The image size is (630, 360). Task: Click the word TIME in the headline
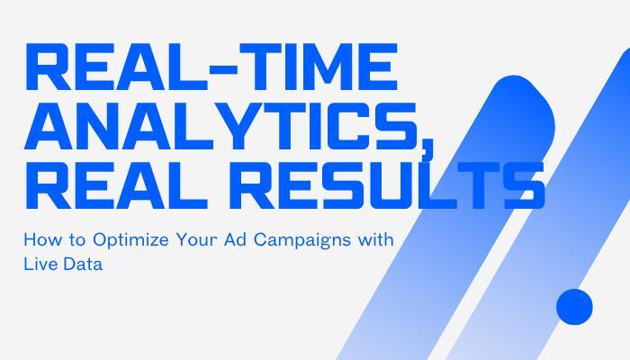point(317,67)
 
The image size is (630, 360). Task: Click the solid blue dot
point(574,307)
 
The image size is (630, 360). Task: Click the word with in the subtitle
point(376,239)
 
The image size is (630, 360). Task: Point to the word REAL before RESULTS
point(116,185)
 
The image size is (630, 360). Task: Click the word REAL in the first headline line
point(116,67)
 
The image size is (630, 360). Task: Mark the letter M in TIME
point(328,67)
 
